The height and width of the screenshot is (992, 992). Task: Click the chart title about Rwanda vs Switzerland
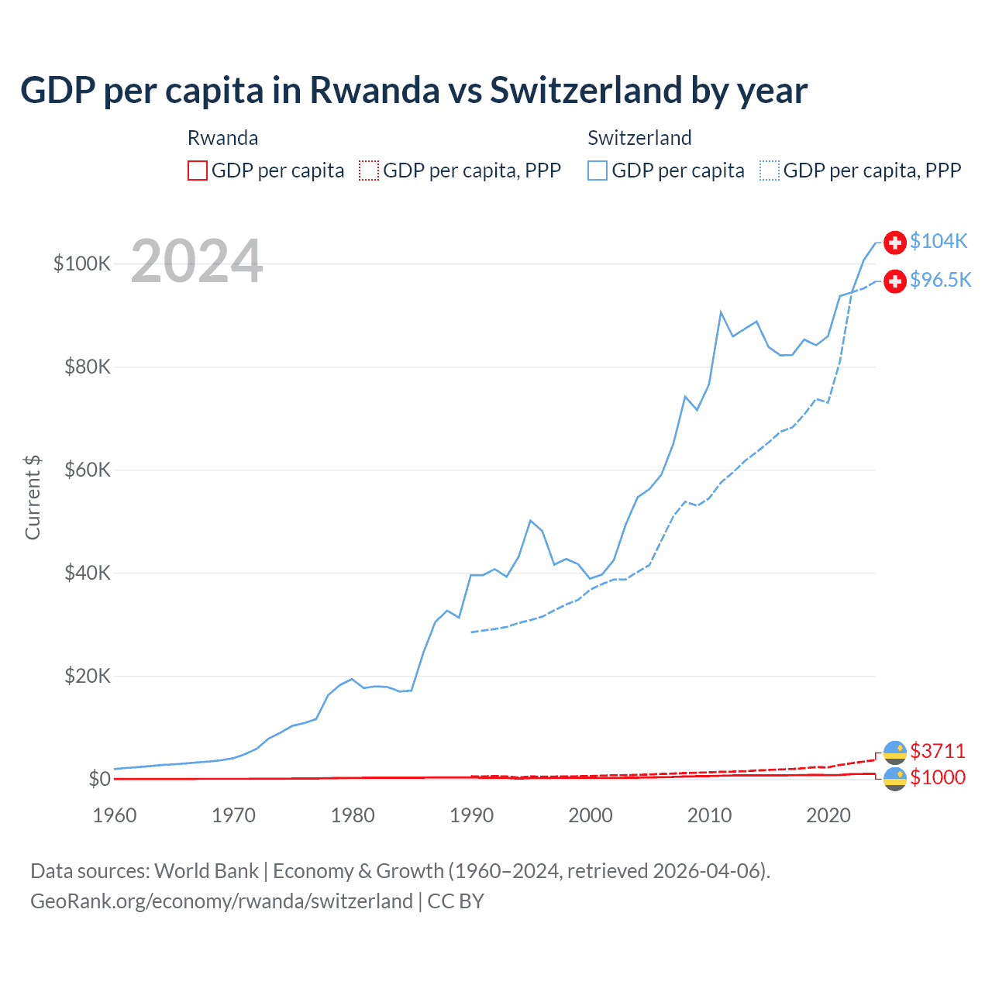pos(414,91)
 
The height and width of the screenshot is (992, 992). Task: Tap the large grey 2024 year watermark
pos(197,261)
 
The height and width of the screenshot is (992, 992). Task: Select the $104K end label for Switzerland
pos(939,241)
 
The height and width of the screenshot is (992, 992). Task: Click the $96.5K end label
pos(940,280)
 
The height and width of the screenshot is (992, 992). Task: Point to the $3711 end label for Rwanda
pos(938,751)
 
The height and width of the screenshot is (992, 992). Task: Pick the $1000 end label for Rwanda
pos(938,777)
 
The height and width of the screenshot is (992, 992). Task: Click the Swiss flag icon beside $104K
pos(895,242)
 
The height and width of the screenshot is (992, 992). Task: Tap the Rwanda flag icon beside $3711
pos(895,752)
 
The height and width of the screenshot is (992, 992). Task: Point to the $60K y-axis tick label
pos(88,470)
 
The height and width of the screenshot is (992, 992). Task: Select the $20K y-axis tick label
pos(88,676)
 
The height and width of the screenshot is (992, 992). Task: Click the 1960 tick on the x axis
pos(115,815)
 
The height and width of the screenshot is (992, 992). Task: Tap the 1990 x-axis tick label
pos(471,815)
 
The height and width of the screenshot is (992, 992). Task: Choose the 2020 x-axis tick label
pos(828,815)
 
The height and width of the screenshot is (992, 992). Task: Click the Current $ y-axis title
pos(33,498)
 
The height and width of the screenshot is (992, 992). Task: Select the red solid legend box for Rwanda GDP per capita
pos(198,170)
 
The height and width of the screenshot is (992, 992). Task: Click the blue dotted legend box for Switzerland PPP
pos(770,170)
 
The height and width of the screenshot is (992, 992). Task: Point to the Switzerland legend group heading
pos(639,138)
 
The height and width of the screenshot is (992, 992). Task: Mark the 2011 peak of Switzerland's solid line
pos(721,312)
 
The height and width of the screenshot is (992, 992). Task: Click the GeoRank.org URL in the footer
pos(222,901)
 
